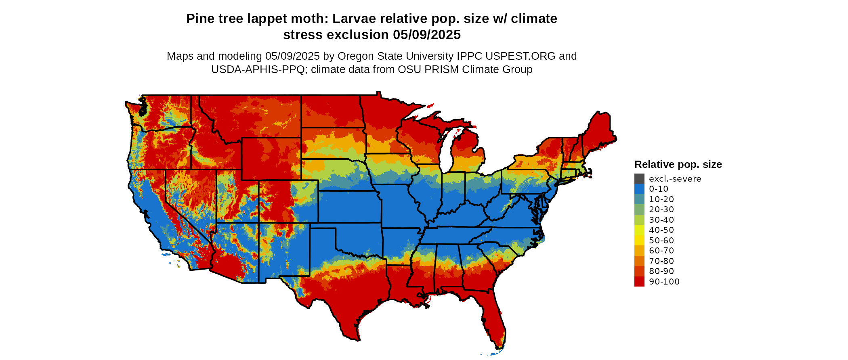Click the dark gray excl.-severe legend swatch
[x=639, y=179]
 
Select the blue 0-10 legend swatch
[x=639, y=189]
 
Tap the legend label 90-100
[x=664, y=282]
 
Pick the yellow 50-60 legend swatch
[x=639, y=241]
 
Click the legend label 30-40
[x=661, y=220]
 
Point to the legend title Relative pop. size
[x=678, y=165]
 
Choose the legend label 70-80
[x=661, y=261]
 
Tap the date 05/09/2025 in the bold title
[x=427, y=35]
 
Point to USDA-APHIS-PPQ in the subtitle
[x=258, y=69]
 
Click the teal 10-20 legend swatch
[x=639, y=199]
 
